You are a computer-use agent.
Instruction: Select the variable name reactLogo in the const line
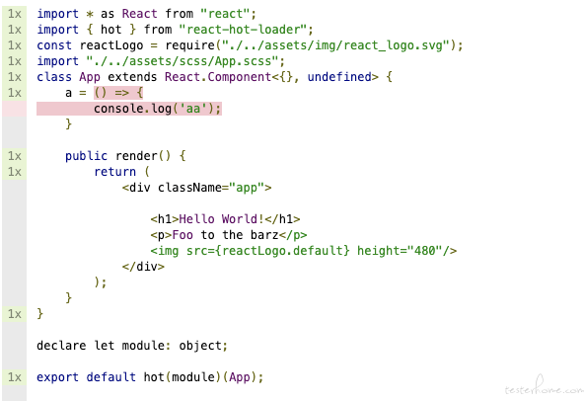[x=111, y=45]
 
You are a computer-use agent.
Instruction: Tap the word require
[x=189, y=46]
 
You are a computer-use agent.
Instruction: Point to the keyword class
[x=54, y=77]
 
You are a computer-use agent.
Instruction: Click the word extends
[x=132, y=77]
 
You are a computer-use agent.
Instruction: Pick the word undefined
[x=339, y=77]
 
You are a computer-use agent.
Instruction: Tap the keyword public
[x=86, y=156]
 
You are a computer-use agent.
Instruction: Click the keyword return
[x=114, y=172]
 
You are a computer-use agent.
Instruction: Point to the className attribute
[x=189, y=188]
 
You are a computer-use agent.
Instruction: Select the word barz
[x=264, y=235]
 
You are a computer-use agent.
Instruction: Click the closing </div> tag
[x=143, y=267]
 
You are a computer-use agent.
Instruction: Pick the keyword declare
[x=61, y=346]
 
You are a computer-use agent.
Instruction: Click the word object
[x=200, y=346]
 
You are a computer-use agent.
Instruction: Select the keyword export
[x=57, y=377]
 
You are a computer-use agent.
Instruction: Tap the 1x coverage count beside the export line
[x=15, y=377]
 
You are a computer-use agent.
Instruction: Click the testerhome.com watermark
[x=544, y=388]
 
